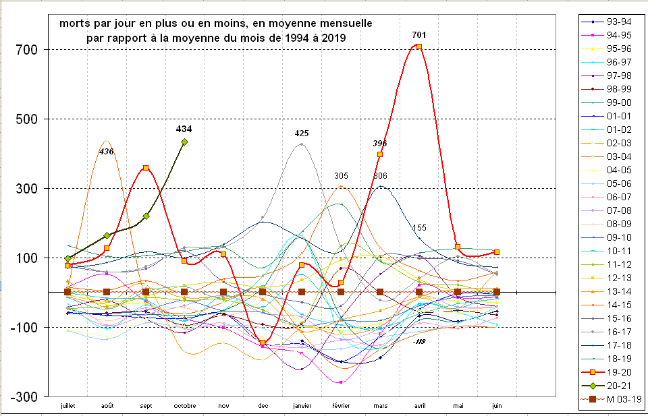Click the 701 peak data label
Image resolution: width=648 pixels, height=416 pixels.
[x=418, y=35]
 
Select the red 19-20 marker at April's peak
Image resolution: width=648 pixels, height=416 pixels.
[x=419, y=47]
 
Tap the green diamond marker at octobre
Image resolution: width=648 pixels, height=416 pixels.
[x=184, y=142]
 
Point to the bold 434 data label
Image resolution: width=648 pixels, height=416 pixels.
[x=184, y=129]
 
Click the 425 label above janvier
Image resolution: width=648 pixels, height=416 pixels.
[x=302, y=133]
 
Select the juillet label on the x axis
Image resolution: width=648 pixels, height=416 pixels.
[x=67, y=406]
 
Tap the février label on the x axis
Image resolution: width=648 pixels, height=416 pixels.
[x=341, y=406]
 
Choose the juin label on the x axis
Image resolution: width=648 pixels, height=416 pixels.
[x=497, y=406]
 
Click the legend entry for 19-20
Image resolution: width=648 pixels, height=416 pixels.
[x=611, y=372]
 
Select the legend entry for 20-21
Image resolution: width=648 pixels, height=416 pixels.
[x=611, y=385]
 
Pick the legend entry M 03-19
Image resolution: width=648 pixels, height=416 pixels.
[x=611, y=398]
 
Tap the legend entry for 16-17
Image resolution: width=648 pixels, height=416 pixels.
[x=611, y=331]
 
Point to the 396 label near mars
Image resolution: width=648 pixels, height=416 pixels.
[x=380, y=144]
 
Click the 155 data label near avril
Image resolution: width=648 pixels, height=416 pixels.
[x=419, y=228]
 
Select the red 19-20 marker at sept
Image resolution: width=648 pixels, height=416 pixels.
[x=146, y=168]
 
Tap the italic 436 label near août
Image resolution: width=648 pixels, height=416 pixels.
[x=107, y=152]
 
